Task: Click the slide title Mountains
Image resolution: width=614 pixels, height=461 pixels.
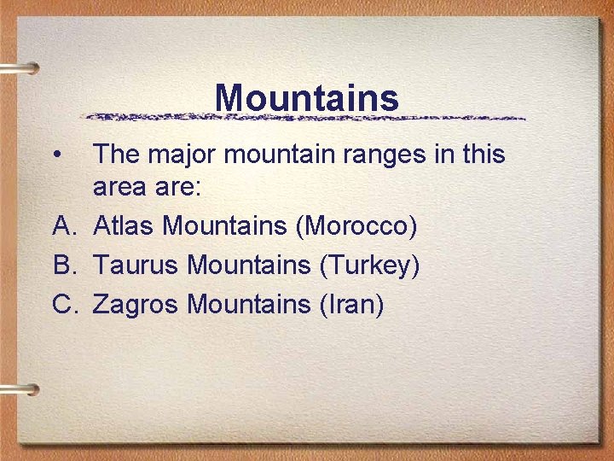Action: click(307, 97)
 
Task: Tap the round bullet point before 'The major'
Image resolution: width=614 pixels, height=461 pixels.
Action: click(56, 155)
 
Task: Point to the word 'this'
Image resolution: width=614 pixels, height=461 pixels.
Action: click(481, 155)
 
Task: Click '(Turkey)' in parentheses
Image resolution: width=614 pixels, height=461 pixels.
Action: click(369, 266)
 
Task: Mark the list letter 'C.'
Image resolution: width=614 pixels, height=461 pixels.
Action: click(67, 303)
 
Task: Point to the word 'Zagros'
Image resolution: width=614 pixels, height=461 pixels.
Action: click(136, 303)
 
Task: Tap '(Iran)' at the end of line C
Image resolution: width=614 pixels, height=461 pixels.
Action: click(350, 303)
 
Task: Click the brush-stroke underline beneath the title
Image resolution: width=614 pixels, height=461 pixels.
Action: click(307, 117)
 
